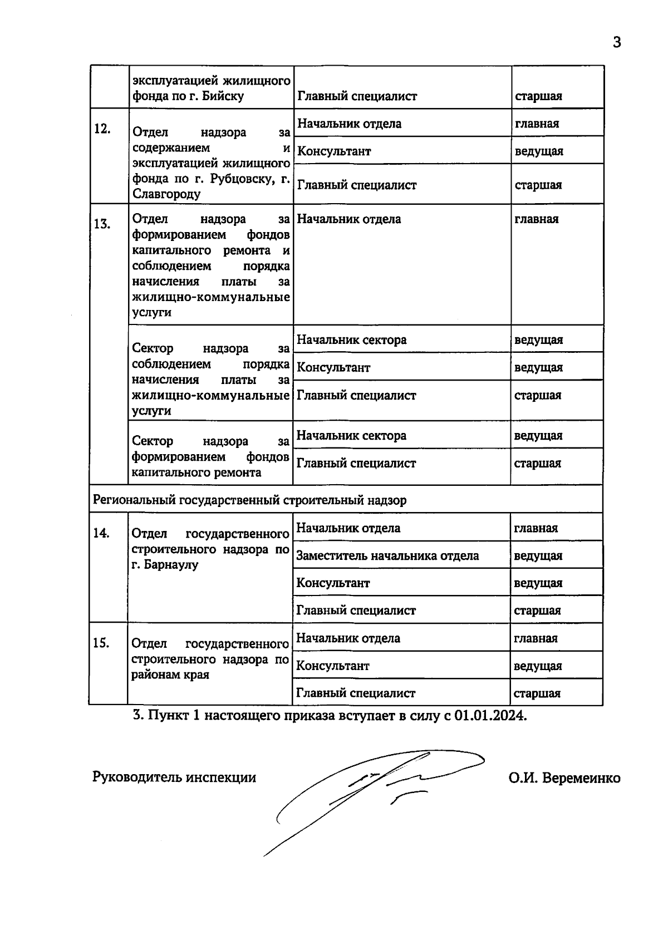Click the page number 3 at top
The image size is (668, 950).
pos(616,42)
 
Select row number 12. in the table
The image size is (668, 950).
pos(102,129)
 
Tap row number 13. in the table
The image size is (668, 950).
pos(102,224)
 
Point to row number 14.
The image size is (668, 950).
pos(101,533)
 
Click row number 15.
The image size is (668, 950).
pos(101,643)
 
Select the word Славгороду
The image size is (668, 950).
pos(166,194)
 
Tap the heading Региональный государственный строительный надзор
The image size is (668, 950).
pos(249,500)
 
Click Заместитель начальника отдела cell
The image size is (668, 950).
pos(387,555)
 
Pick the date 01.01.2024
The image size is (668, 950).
pos(490,716)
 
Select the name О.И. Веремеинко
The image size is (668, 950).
pos(564,777)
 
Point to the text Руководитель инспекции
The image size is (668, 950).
pos(174,777)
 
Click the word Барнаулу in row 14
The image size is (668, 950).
pos(171,565)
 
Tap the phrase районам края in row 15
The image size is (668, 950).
pos(170,675)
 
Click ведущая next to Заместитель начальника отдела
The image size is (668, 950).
pos(538,555)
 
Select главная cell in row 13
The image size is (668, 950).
pos(536,219)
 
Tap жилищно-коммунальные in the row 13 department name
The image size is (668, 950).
pos(211,297)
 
